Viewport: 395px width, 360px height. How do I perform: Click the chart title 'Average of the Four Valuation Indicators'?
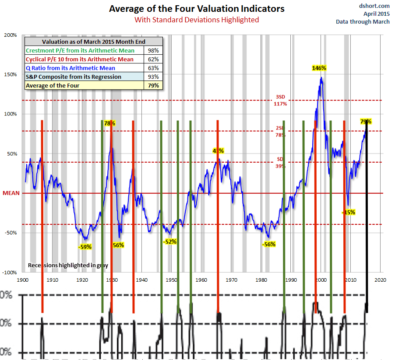tap(197, 9)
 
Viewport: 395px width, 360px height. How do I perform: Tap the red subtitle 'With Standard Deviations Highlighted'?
tap(197, 20)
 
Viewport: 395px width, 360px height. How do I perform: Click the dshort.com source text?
tap(374, 6)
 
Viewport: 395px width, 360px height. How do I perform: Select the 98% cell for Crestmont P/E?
tap(156, 51)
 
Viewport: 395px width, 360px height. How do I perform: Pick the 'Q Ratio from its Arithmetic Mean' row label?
tap(71, 68)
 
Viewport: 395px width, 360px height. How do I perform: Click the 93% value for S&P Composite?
tap(156, 77)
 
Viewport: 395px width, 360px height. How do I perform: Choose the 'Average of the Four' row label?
tap(53, 85)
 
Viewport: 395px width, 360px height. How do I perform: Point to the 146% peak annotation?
tap(319, 68)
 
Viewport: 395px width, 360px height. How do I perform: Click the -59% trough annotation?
tap(85, 247)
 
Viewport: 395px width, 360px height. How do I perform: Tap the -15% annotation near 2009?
tap(348, 212)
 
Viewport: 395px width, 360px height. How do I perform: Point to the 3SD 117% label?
tap(280, 101)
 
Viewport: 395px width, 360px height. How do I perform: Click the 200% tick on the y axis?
tap(11, 35)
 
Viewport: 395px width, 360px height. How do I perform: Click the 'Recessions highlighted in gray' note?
tap(68, 265)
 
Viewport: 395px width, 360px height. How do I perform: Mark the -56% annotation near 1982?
tap(268, 245)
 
